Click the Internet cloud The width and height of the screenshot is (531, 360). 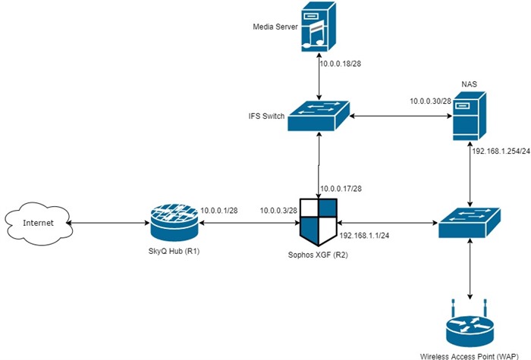click(38, 223)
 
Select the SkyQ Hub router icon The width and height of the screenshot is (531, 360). click(174, 223)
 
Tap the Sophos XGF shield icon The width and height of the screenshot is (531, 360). click(319, 222)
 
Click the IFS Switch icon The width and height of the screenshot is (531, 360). click(319, 116)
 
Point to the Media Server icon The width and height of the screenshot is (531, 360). click(319, 27)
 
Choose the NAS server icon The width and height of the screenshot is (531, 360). click(470, 116)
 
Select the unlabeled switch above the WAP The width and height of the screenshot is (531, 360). click(470, 223)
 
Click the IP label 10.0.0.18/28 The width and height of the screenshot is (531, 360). click(341, 63)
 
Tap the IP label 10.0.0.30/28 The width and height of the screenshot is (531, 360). click(430, 101)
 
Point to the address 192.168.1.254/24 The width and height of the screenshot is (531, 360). click(501, 151)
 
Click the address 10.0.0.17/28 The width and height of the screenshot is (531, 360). click(341, 189)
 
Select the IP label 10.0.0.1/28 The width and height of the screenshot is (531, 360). click(219, 211)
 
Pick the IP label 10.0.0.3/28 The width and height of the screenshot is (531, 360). click(278, 211)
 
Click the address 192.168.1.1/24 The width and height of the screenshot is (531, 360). click(364, 236)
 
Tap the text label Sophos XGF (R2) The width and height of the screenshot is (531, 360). click(318, 255)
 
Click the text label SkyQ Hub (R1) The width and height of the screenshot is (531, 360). click(174, 251)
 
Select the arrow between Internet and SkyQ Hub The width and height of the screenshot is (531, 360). click(108, 223)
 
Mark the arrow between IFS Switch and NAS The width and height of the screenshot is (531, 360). click(401, 116)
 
